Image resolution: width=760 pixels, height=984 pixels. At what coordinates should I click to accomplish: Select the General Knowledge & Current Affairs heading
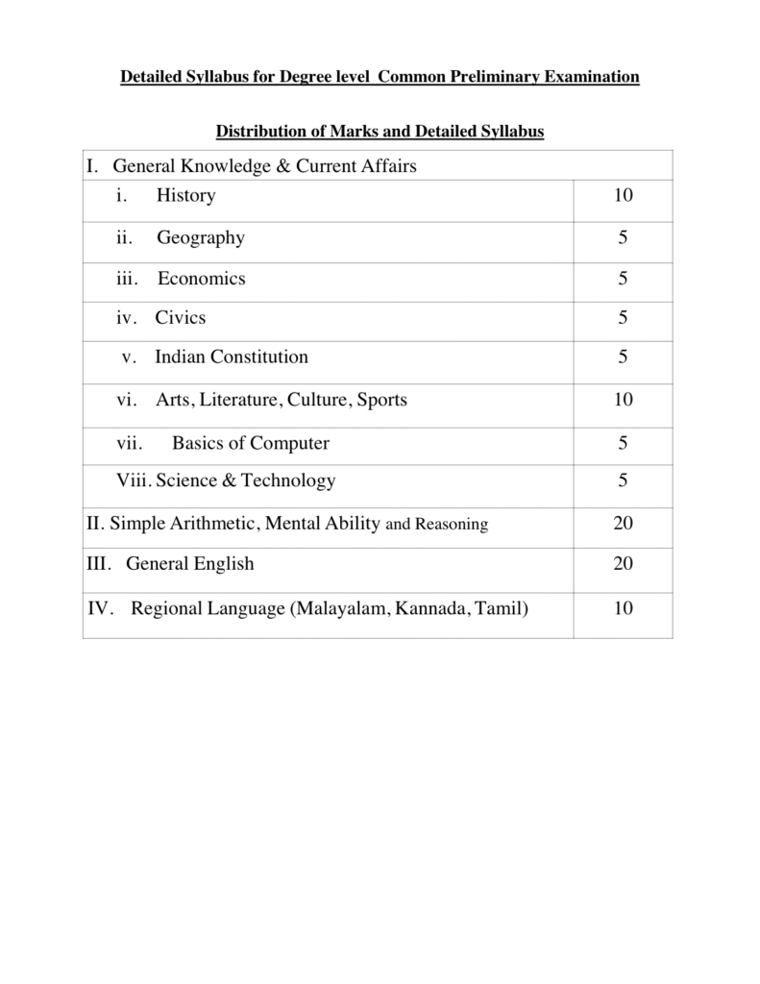265,166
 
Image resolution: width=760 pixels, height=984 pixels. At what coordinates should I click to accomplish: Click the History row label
186,196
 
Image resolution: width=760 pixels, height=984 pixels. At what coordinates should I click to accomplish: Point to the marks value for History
623,196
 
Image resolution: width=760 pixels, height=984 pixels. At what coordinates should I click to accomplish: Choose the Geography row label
201,237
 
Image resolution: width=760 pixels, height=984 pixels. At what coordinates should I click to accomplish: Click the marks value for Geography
624,237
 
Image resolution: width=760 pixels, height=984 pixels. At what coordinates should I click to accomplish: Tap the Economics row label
202,279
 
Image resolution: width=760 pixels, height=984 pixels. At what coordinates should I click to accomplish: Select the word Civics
181,317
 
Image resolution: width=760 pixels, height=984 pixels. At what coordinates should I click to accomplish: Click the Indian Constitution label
232,357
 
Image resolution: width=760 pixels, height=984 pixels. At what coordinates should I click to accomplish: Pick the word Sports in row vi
381,400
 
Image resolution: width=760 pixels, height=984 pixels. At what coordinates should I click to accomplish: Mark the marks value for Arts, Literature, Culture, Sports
623,400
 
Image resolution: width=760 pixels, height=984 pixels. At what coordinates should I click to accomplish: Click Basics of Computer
250,443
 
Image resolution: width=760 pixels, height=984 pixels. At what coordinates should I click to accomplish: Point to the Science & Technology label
246,480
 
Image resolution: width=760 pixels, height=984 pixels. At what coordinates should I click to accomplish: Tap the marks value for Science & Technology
624,480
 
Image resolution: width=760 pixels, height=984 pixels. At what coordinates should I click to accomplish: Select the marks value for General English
623,564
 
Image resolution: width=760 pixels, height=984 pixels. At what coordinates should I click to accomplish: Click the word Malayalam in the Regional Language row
345,608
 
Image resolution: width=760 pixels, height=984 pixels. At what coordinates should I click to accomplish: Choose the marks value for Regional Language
623,608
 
